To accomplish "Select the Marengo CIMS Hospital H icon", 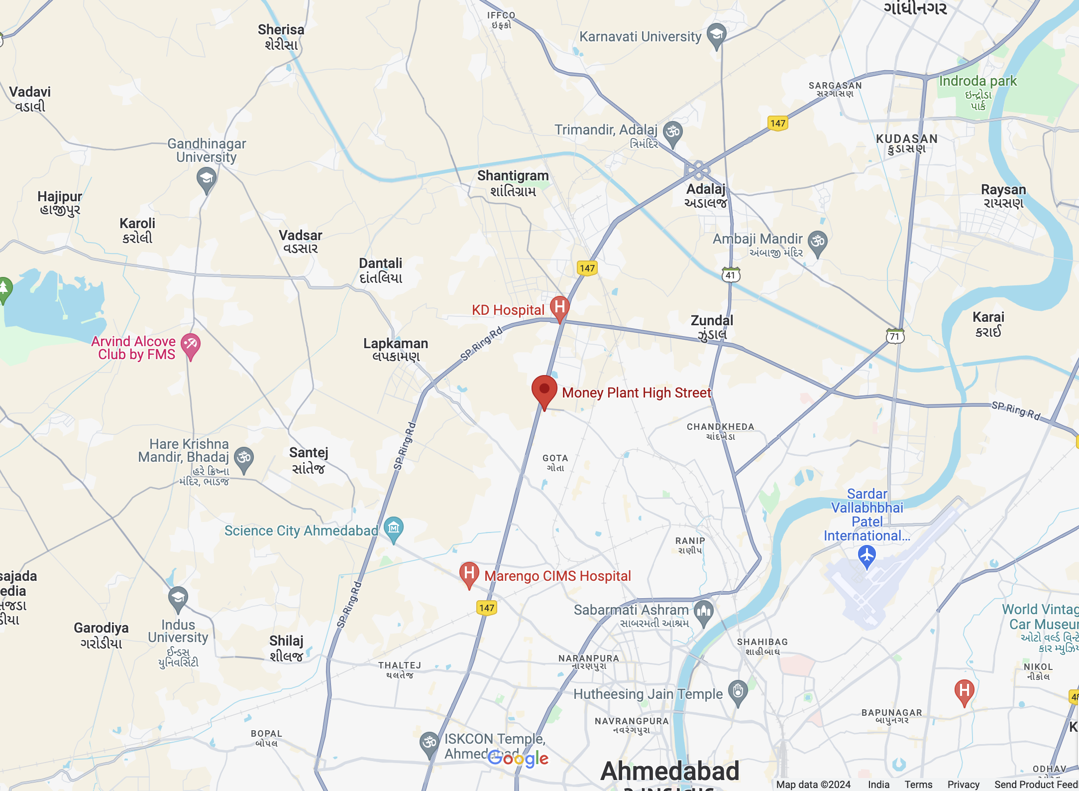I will [469, 574].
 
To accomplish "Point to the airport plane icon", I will [867, 555].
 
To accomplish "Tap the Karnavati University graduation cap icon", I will [716, 35].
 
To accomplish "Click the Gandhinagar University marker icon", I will [206, 178].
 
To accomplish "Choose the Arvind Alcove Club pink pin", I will [191, 344].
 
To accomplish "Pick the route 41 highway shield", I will [731, 275].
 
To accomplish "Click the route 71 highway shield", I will [895, 336].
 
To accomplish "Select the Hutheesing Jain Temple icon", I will [738, 692].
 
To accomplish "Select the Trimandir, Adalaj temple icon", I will [673, 132].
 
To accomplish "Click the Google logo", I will [518, 759].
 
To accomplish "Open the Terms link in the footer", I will [918, 785].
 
